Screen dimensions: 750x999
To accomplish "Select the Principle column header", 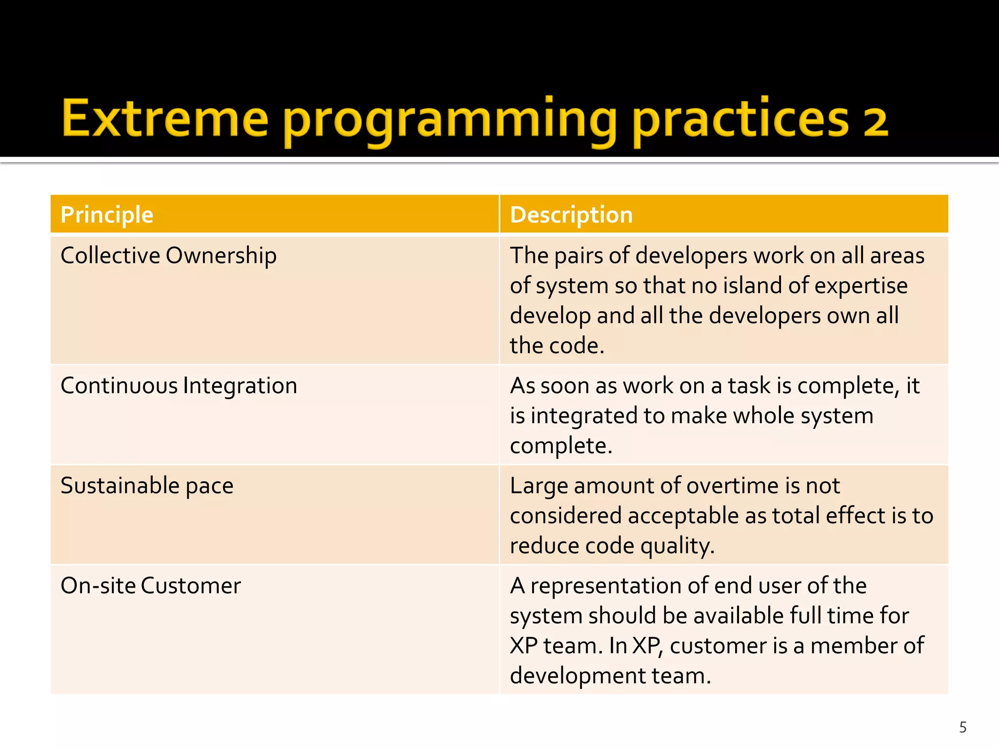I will point(107,215).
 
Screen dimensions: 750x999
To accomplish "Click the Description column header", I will point(571,215).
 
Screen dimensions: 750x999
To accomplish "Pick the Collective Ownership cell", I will point(168,255).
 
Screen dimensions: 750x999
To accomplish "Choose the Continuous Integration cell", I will point(179,386).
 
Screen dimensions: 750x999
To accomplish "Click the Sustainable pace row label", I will point(147,486).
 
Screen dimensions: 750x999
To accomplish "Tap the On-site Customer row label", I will point(150,585).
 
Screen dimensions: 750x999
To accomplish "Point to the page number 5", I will point(962,728).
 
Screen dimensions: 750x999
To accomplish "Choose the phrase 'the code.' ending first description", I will point(557,346).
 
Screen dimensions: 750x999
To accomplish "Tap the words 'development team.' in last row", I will point(610,676).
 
